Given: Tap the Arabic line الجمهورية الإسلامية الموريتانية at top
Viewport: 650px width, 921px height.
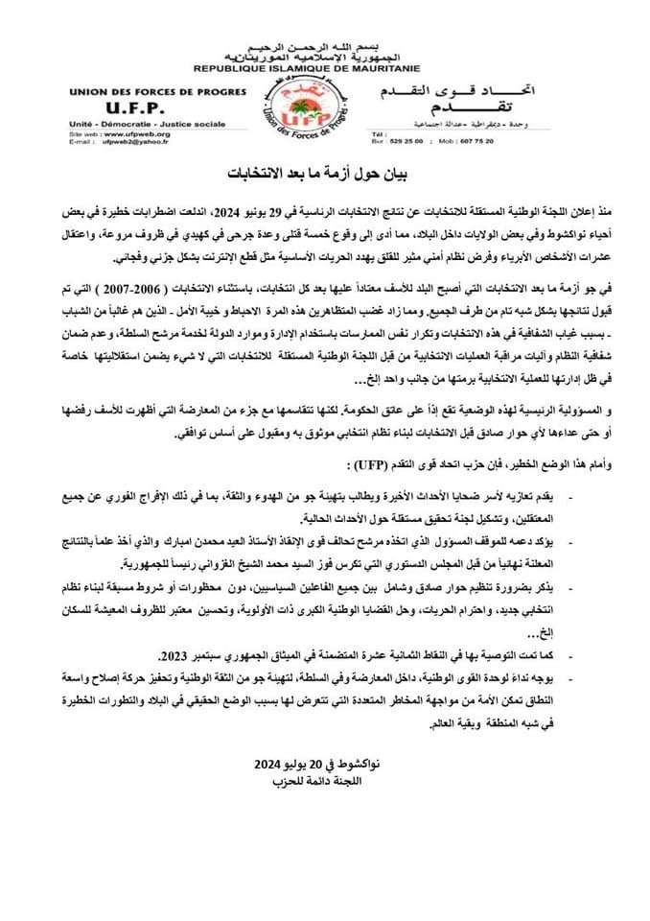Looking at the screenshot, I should (x=324, y=58).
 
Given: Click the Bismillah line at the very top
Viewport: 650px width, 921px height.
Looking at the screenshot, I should (x=324, y=46).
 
